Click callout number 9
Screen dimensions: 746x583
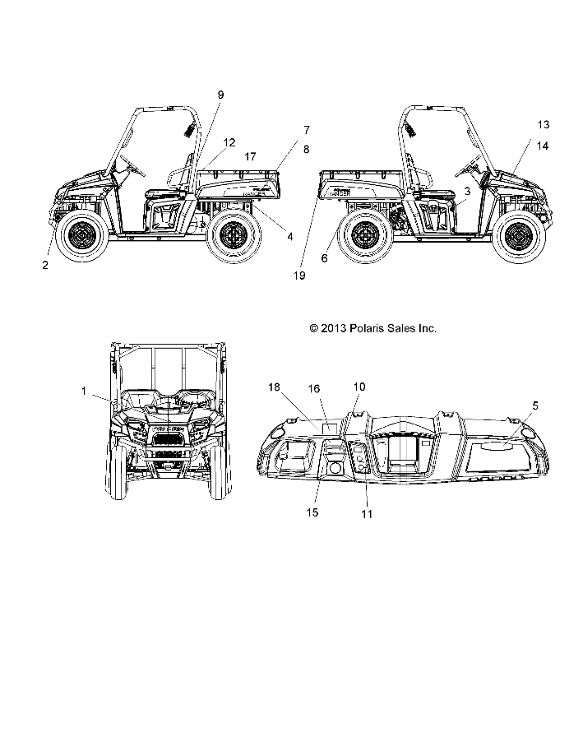coord(220,95)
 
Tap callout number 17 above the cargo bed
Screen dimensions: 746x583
coord(250,155)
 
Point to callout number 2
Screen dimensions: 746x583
coord(45,264)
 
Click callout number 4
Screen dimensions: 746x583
coord(289,236)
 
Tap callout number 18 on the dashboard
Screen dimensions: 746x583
coord(274,387)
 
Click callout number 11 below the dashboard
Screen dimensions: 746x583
coord(367,515)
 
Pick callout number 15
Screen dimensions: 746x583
coord(313,512)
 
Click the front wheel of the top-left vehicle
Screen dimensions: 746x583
coord(81,237)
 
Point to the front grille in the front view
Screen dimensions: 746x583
coord(168,439)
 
